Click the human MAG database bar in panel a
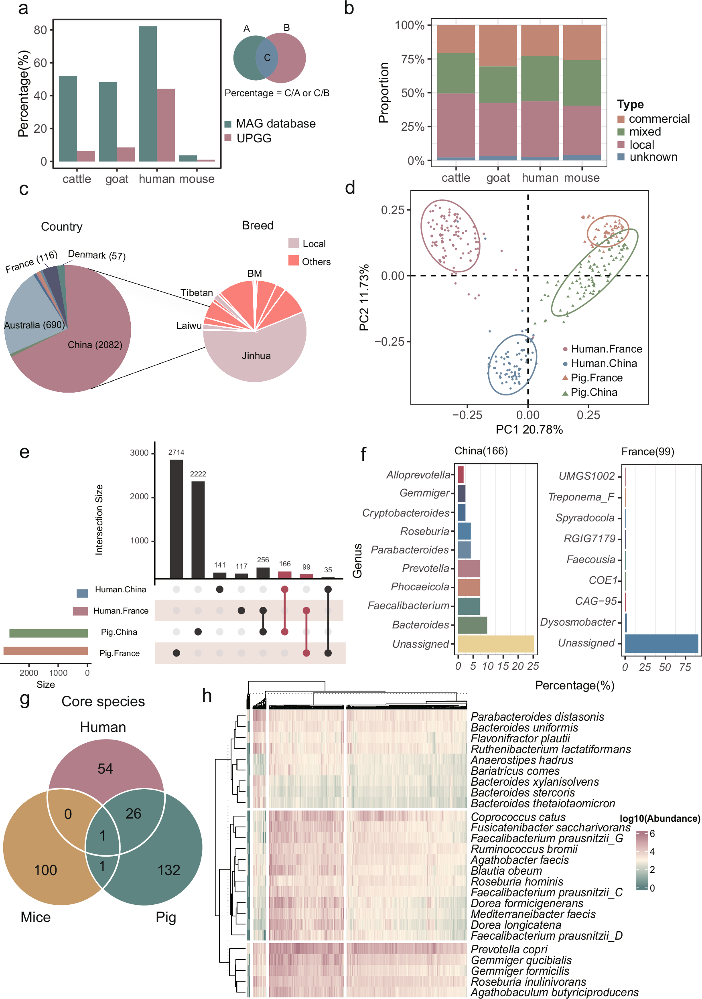pos(148,93)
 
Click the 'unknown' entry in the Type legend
pos(653,157)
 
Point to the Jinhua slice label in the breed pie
pos(256,356)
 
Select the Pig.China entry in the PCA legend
pos(594,393)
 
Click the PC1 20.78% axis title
pos(529,430)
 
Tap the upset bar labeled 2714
pos(176,519)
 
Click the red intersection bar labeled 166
pos(285,575)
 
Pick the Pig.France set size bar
pos(46,651)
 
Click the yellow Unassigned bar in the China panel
pos(495,644)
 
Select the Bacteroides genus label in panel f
pos(420,625)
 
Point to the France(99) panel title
pos(647,452)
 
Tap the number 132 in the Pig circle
pos(168,870)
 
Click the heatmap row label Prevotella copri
pos(509,949)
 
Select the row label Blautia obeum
pos(506,871)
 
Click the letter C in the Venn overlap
pos(267,57)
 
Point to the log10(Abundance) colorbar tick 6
pos(652,834)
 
